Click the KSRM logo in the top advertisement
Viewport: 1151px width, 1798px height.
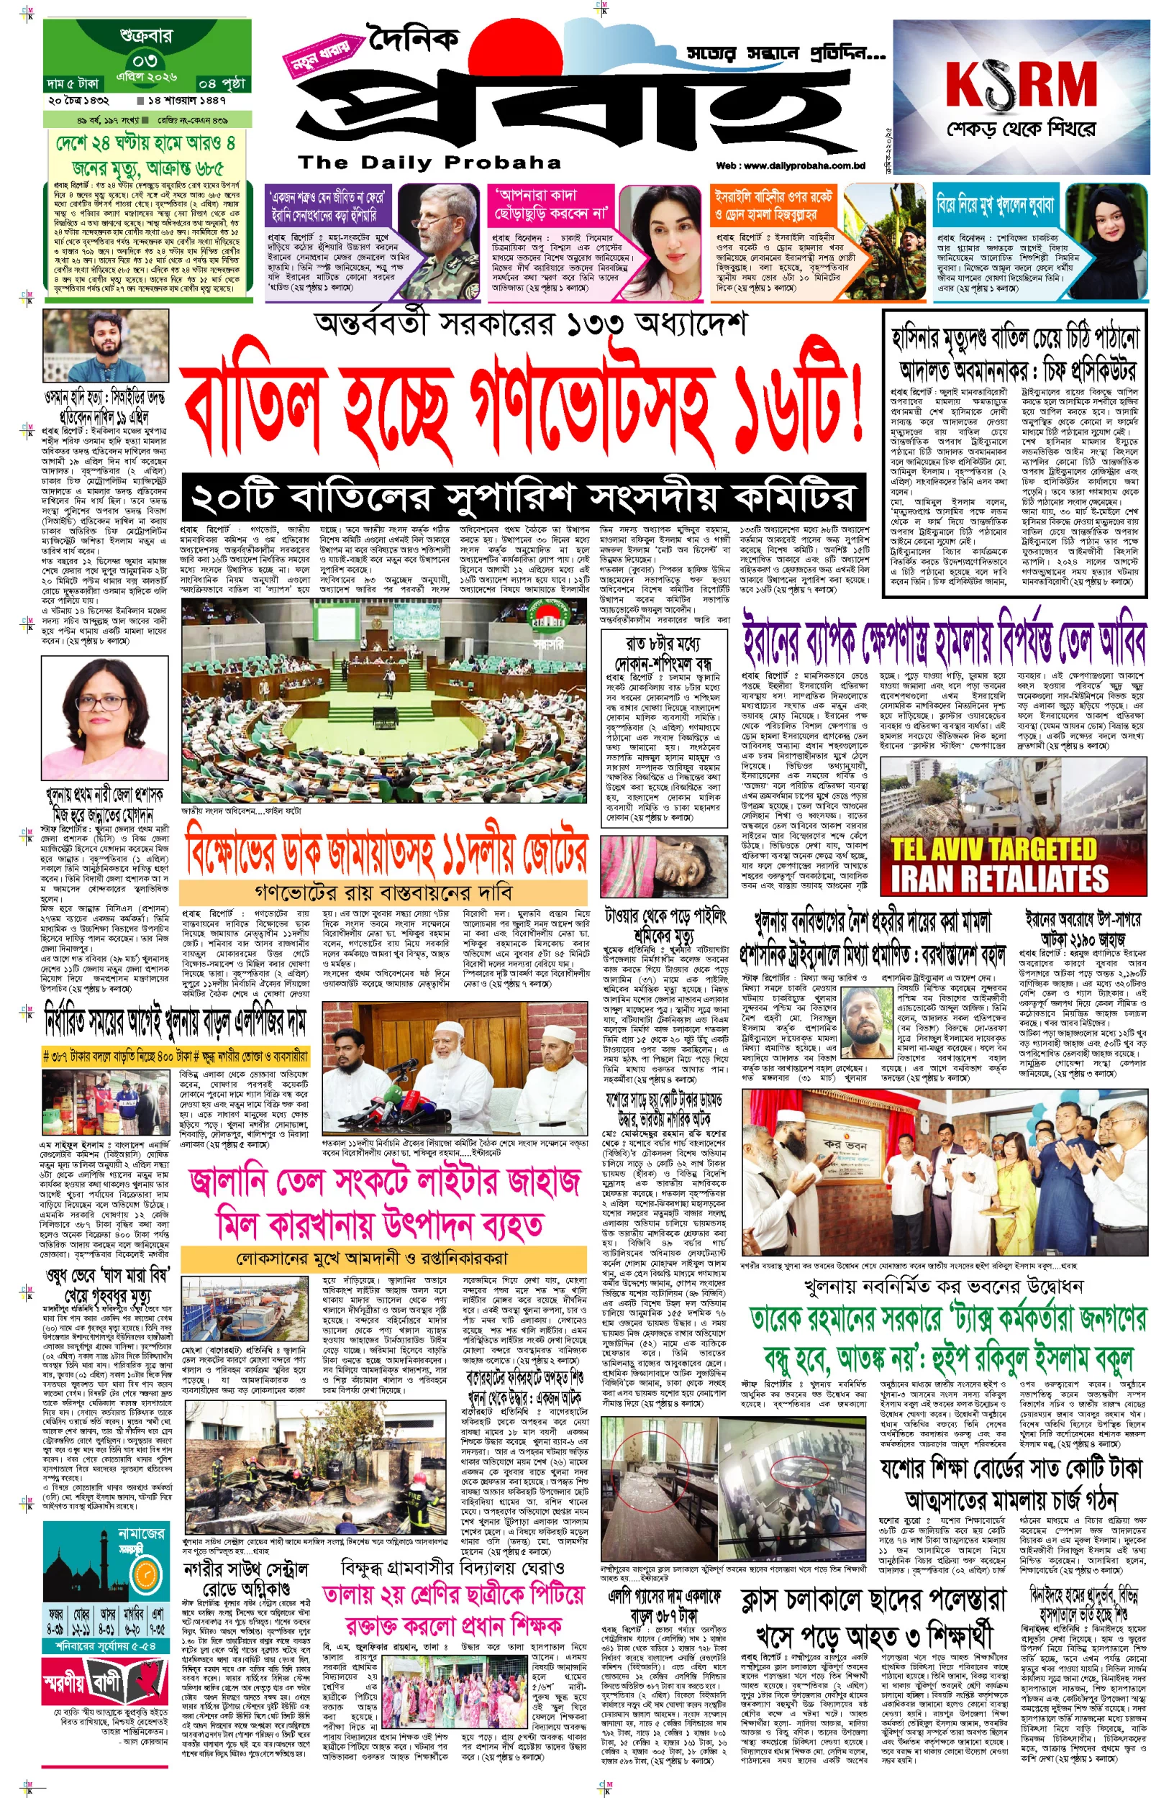pyautogui.click(x=1020, y=83)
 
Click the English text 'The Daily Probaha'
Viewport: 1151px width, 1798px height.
pyautogui.click(x=429, y=162)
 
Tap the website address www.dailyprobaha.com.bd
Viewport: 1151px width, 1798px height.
pyautogui.click(x=790, y=166)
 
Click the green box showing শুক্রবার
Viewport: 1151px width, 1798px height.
pyautogui.click(x=146, y=35)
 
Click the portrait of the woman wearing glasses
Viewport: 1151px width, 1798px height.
pyautogui.click(x=104, y=717)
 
